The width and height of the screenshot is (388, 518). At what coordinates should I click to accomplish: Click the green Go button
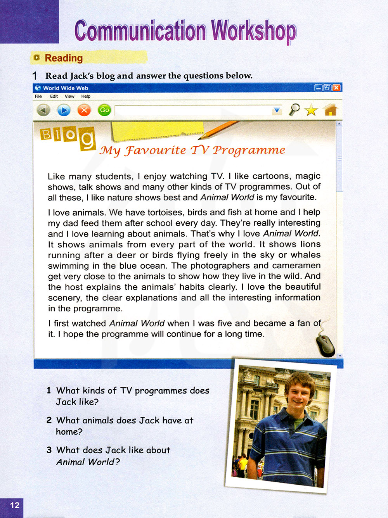pos(104,110)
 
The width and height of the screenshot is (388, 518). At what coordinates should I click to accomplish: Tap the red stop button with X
pos(84,111)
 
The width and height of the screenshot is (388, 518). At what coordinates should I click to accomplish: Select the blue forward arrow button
pos(64,111)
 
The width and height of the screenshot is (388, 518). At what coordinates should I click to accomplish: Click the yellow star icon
pos(311,111)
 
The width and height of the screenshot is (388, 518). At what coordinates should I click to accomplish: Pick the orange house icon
pos(331,110)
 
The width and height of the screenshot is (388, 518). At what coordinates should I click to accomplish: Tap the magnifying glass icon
pos(294,110)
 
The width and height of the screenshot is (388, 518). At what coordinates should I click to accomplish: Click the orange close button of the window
pos(336,88)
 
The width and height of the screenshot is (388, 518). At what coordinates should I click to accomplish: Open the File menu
pos(38,97)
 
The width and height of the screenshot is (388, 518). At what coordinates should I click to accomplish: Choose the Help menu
pos(86,97)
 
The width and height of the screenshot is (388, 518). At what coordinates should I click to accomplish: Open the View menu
pos(69,97)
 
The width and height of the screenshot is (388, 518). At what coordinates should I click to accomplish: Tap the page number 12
pos(14,505)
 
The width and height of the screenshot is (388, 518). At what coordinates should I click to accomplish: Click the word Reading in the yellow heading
pos(64,58)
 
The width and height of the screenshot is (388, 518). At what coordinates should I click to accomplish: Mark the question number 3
pos(49,450)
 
